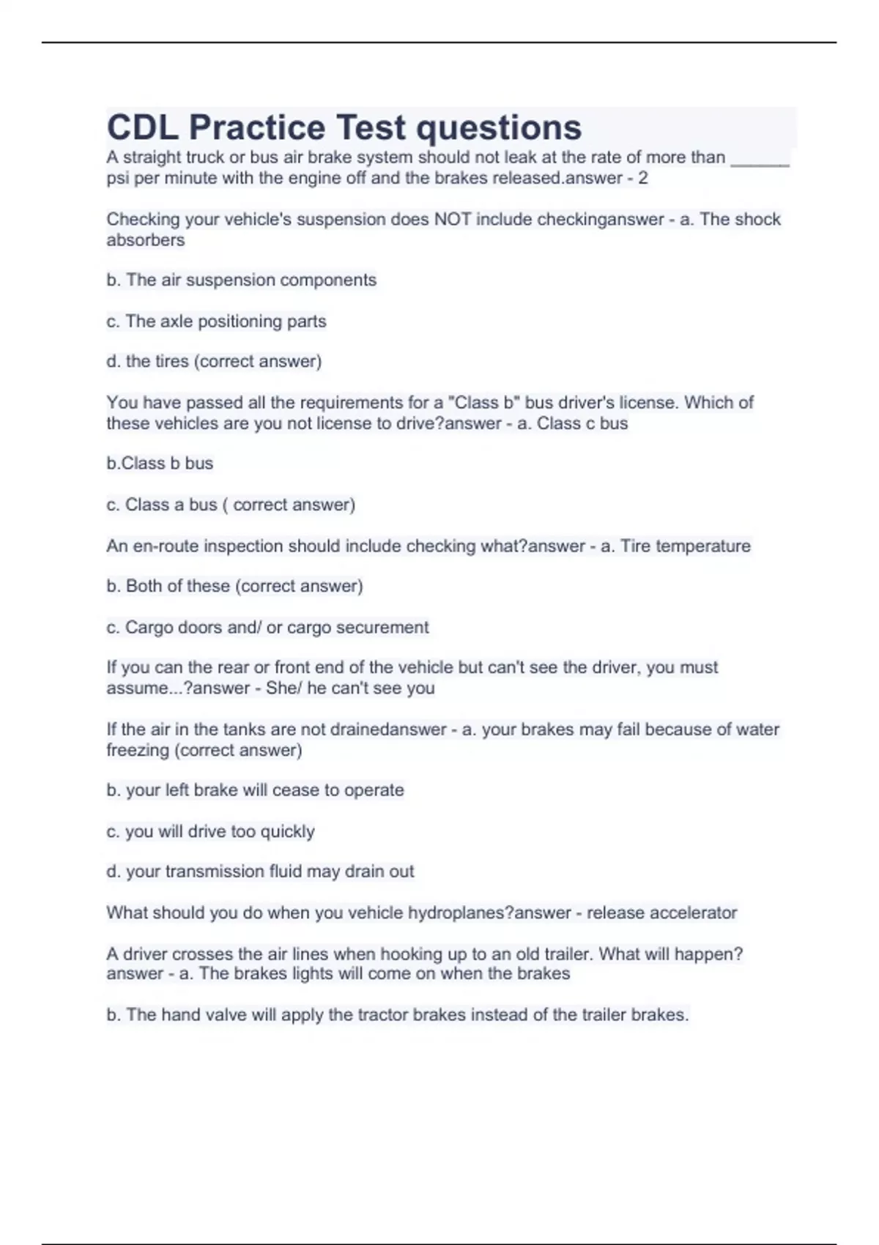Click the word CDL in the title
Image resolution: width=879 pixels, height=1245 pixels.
142,127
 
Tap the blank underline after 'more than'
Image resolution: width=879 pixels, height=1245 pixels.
760,159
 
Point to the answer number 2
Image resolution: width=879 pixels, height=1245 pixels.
643,178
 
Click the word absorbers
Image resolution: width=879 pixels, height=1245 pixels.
145,240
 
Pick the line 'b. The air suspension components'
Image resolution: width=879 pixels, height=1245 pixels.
241,280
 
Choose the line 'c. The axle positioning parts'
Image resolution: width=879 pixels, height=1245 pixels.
216,321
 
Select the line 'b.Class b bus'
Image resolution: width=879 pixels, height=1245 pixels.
160,463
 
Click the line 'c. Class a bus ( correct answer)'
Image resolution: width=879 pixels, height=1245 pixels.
230,505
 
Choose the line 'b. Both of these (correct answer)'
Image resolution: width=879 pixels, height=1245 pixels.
234,586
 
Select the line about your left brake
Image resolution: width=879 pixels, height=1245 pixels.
255,790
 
